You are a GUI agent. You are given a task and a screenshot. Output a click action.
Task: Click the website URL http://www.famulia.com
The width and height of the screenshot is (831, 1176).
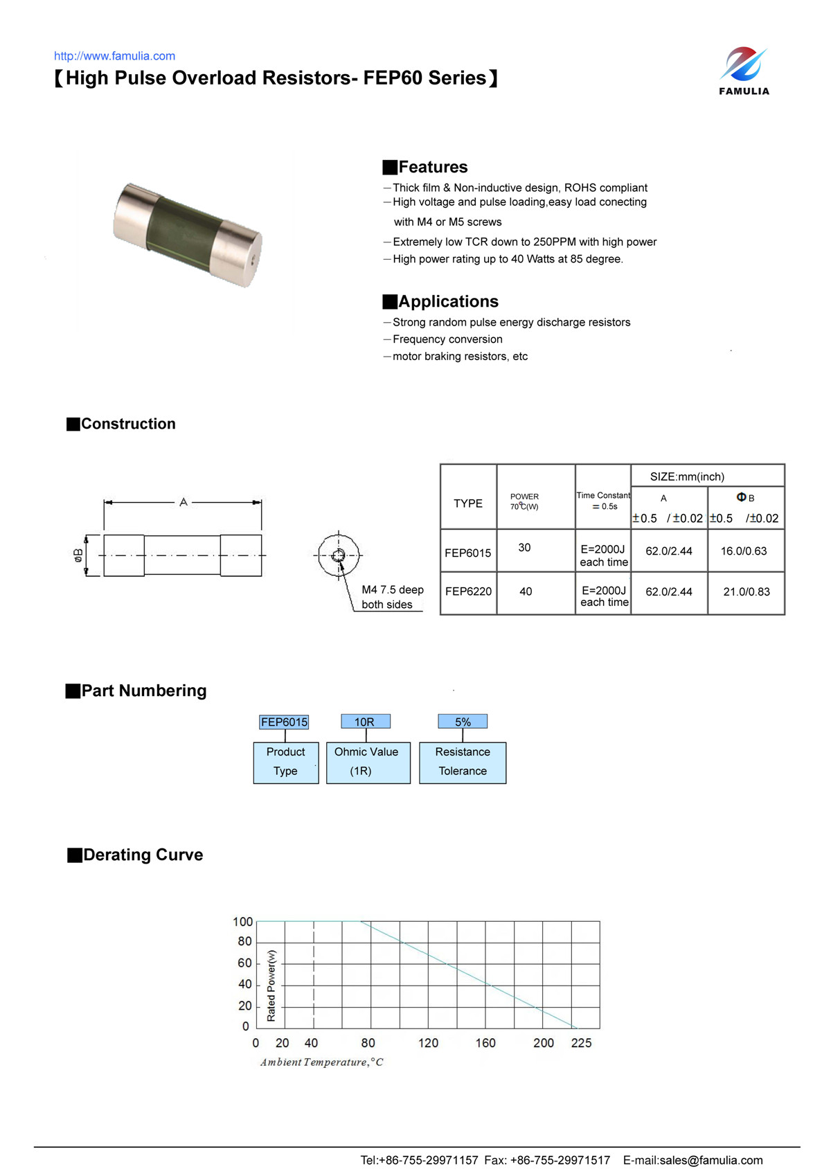[x=114, y=56]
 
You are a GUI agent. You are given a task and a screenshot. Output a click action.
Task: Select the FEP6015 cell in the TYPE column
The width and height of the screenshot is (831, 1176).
[x=468, y=553]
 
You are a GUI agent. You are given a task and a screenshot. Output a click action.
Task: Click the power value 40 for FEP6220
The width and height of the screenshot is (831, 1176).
[x=526, y=591]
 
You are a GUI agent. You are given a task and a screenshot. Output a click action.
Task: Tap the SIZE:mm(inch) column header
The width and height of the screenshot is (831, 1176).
[x=687, y=476]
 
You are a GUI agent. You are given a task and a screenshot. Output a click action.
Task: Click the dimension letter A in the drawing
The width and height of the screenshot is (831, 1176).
[x=184, y=501]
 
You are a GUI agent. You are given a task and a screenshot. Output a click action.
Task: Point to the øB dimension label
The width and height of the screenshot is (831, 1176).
[x=78, y=555]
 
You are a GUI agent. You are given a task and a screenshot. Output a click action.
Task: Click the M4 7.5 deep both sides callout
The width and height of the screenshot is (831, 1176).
[x=392, y=597]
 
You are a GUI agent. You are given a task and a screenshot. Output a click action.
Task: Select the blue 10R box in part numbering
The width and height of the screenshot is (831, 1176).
[x=365, y=722]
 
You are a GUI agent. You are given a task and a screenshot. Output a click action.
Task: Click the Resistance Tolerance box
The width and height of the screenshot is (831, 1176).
[x=463, y=763]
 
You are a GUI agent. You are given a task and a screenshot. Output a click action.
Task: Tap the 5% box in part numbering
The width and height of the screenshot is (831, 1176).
[x=463, y=722]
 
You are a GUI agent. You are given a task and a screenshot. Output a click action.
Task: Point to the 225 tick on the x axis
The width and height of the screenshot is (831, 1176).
[x=581, y=1043]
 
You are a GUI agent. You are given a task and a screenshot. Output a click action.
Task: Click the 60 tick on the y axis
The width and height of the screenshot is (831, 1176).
[x=245, y=963]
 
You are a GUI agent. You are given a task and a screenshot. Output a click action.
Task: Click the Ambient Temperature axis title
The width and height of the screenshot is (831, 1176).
[x=321, y=1062]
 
